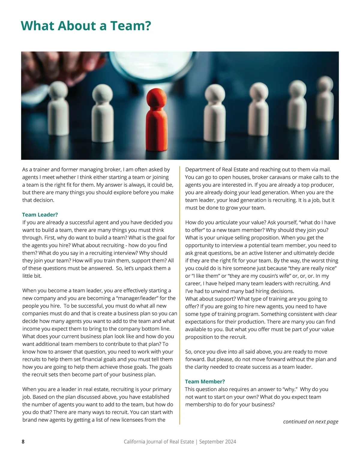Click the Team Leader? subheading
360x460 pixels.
40,215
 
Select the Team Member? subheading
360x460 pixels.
205,381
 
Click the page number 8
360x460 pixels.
23,442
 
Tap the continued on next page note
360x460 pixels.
310,422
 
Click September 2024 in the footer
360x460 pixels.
217,442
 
